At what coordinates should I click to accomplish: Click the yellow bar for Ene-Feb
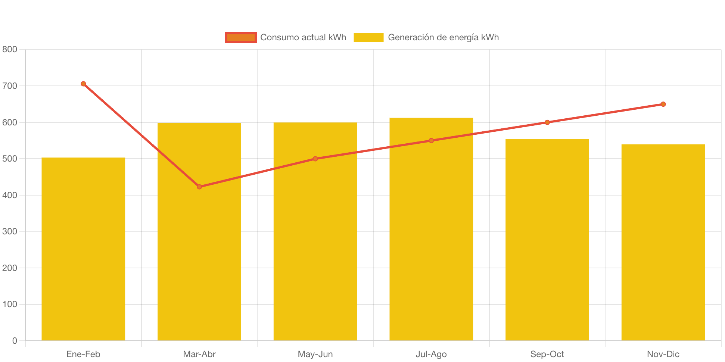click(83, 249)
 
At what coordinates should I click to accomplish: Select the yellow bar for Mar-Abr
click(199, 261)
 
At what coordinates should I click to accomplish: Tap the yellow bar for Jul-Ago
click(431, 239)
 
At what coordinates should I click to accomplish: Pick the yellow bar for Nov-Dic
click(663, 243)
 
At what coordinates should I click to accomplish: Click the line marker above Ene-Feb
click(83, 84)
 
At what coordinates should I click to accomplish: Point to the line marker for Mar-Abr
click(199, 187)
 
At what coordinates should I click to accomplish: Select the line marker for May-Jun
click(315, 159)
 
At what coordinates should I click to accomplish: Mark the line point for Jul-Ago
click(431, 141)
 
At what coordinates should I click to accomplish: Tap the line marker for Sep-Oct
click(547, 122)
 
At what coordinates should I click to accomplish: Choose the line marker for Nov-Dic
click(663, 104)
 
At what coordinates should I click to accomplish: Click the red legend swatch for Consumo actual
click(241, 37)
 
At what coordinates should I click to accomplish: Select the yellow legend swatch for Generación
click(368, 37)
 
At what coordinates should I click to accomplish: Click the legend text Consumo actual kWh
click(303, 37)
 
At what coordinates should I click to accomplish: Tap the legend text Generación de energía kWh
click(443, 37)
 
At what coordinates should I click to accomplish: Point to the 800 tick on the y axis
click(10, 49)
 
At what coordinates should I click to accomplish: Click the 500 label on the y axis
click(10, 159)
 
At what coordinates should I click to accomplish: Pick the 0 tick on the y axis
click(15, 340)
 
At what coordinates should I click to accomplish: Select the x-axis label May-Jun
click(315, 354)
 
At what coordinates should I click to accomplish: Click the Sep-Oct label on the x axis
click(547, 354)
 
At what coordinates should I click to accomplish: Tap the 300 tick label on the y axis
click(10, 231)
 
